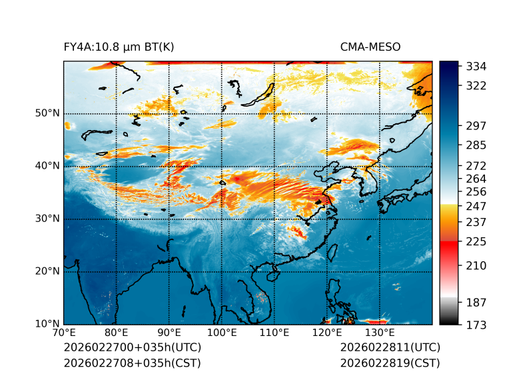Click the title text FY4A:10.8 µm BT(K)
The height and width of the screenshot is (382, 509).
[119, 47]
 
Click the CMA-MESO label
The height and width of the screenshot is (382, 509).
[370, 47]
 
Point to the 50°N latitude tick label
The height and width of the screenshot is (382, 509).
[47, 113]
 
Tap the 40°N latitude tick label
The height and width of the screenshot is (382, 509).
[47, 166]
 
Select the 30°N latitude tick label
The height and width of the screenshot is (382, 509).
[47, 219]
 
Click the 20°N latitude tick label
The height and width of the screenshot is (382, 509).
[47, 271]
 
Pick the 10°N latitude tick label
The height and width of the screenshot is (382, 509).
[47, 324]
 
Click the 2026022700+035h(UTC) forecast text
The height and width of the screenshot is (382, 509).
[132, 347]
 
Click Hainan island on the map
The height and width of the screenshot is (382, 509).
[271, 275]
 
